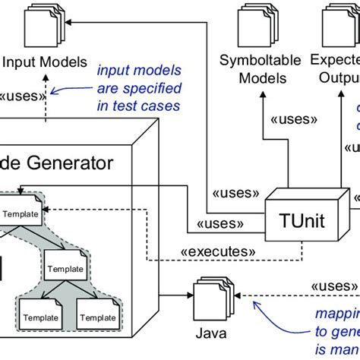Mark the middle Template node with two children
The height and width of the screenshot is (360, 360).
point(68,267)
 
